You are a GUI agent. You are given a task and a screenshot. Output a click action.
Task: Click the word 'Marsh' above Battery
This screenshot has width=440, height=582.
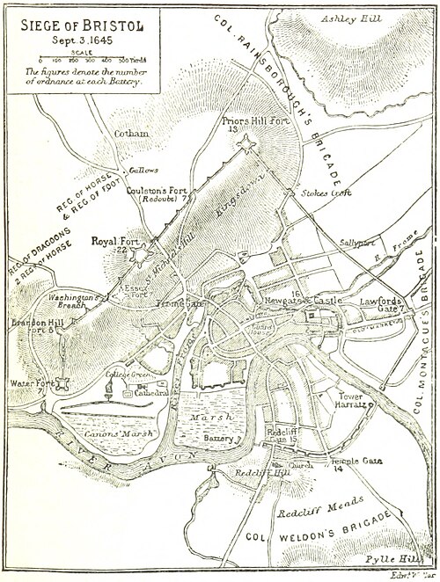click(216, 415)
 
